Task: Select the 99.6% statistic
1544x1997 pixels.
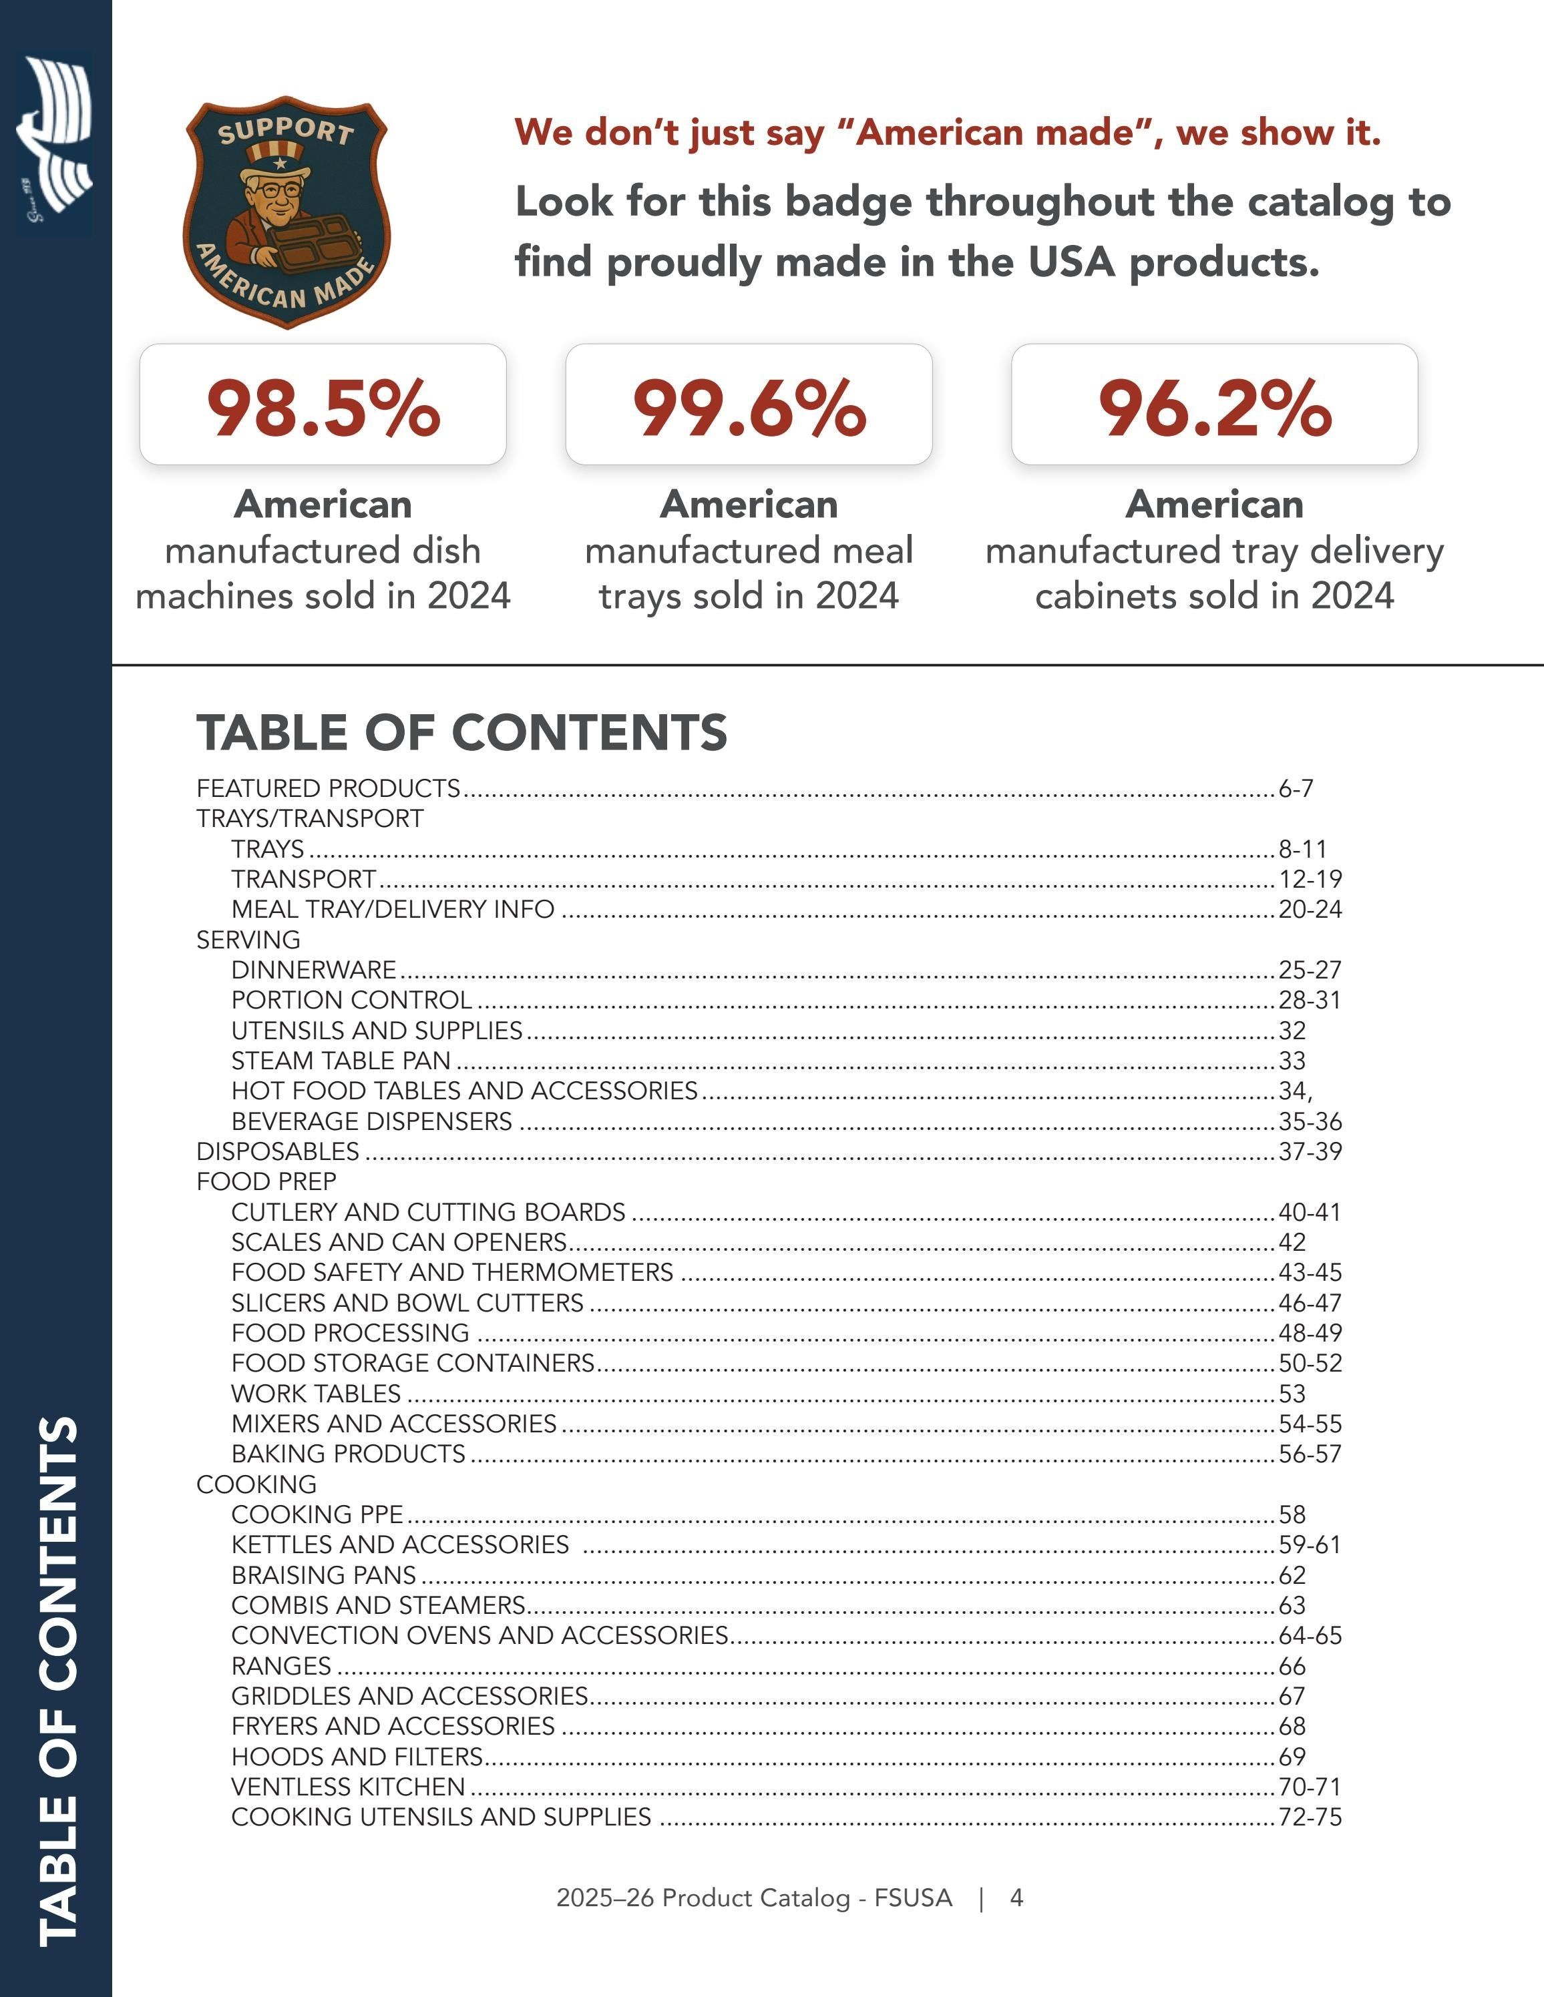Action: (x=749, y=407)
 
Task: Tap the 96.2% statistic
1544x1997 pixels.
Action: (x=1215, y=407)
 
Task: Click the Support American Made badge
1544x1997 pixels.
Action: (x=287, y=212)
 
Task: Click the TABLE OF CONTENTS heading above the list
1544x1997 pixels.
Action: (x=462, y=732)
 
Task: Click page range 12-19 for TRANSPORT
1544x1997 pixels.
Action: (x=1310, y=879)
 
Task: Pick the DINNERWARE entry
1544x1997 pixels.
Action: (x=314, y=969)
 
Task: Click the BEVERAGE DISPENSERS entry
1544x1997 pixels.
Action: (x=371, y=1121)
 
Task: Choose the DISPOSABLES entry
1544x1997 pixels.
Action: (x=278, y=1151)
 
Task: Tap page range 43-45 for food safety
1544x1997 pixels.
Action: (x=1310, y=1272)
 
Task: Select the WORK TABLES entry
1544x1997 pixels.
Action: (x=316, y=1394)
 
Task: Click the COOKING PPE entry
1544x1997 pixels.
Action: (x=317, y=1514)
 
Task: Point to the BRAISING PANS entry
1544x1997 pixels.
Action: (x=324, y=1575)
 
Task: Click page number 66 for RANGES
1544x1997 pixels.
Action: (x=1292, y=1666)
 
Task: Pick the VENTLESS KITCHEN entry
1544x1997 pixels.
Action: (x=347, y=1787)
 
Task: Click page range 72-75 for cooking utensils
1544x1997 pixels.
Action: (x=1310, y=1817)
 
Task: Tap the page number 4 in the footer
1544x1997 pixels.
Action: (x=1016, y=1898)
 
